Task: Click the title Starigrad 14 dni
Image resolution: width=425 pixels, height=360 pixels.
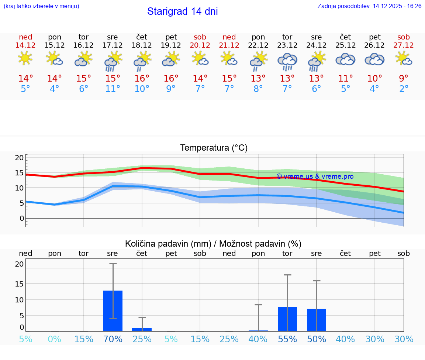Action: [182, 11]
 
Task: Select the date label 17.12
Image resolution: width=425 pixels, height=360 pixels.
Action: [113, 45]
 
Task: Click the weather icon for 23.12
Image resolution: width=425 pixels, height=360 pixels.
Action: [287, 61]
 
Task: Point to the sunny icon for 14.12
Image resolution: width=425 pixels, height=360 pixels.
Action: [25, 58]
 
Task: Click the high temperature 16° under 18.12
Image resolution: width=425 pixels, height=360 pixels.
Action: [142, 79]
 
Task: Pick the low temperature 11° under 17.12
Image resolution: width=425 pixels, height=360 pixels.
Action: [113, 89]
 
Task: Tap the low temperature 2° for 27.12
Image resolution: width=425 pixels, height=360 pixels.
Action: [404, 89]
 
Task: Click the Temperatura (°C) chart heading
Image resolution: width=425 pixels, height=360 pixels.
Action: [214, 148]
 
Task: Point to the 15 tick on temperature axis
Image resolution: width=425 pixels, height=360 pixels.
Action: [20, 173]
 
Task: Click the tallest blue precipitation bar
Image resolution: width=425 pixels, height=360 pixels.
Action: [113, 311]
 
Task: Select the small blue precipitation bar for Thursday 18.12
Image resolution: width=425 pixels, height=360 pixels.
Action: [142, 329]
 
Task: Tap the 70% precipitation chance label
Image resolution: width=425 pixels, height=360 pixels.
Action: [113, 339]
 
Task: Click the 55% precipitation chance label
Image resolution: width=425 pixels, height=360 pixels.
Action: [287, 339]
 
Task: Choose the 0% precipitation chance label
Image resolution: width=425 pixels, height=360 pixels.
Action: [54, 339]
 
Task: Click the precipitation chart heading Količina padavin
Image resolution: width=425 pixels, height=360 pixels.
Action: [213, 244]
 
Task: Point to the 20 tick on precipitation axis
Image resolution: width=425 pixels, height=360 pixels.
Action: [20, 264]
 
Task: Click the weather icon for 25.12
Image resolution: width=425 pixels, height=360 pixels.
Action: [345, 59]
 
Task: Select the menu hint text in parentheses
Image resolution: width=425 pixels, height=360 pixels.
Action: [41, 6]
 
